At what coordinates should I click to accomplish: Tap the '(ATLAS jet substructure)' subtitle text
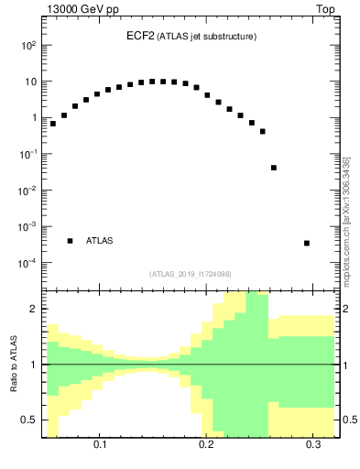204,37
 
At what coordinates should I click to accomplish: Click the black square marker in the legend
70,241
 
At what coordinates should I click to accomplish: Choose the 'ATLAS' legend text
99,241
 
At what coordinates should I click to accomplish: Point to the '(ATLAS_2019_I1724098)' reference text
191,274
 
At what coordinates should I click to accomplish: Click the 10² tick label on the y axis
28,45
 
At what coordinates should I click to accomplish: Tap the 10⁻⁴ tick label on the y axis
27,263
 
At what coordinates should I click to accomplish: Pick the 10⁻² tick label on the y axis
27,191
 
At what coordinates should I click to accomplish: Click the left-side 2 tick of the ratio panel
34,310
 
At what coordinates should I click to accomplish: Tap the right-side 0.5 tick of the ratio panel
347,420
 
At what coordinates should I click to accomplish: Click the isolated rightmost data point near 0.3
306,243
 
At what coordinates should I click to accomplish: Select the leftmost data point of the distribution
53,124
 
